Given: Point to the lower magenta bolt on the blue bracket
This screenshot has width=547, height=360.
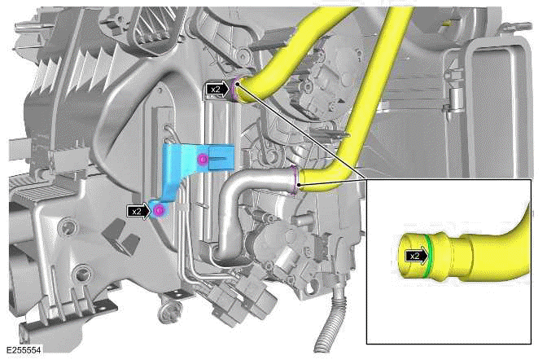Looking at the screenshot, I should (x=160, y=211).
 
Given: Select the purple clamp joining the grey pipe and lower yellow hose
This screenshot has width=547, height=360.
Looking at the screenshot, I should (x=295, y=180).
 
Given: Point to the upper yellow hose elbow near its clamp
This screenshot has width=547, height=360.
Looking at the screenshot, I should (x=260, y=81).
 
